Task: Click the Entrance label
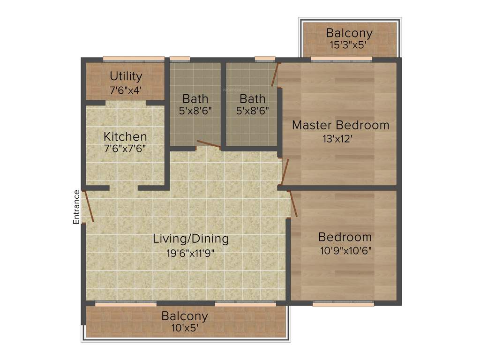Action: pos(76,207)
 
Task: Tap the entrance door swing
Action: pos(88,205)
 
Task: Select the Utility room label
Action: pos(126,76)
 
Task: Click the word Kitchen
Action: pos(125,137)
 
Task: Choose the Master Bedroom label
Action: pos(340,125)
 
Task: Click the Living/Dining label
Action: pos(191,239)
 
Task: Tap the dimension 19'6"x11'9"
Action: pos(191,253)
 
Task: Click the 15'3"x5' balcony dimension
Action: pos(349,45)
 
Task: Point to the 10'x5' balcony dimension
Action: pos(184,328)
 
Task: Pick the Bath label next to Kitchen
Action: pos(195,99)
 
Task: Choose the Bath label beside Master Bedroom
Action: pos(252,99)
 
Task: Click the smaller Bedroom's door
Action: pos(293,203)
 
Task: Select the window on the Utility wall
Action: pos(134,59)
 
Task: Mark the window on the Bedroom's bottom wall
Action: pos(343,304)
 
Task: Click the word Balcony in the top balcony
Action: pos(349,33)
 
